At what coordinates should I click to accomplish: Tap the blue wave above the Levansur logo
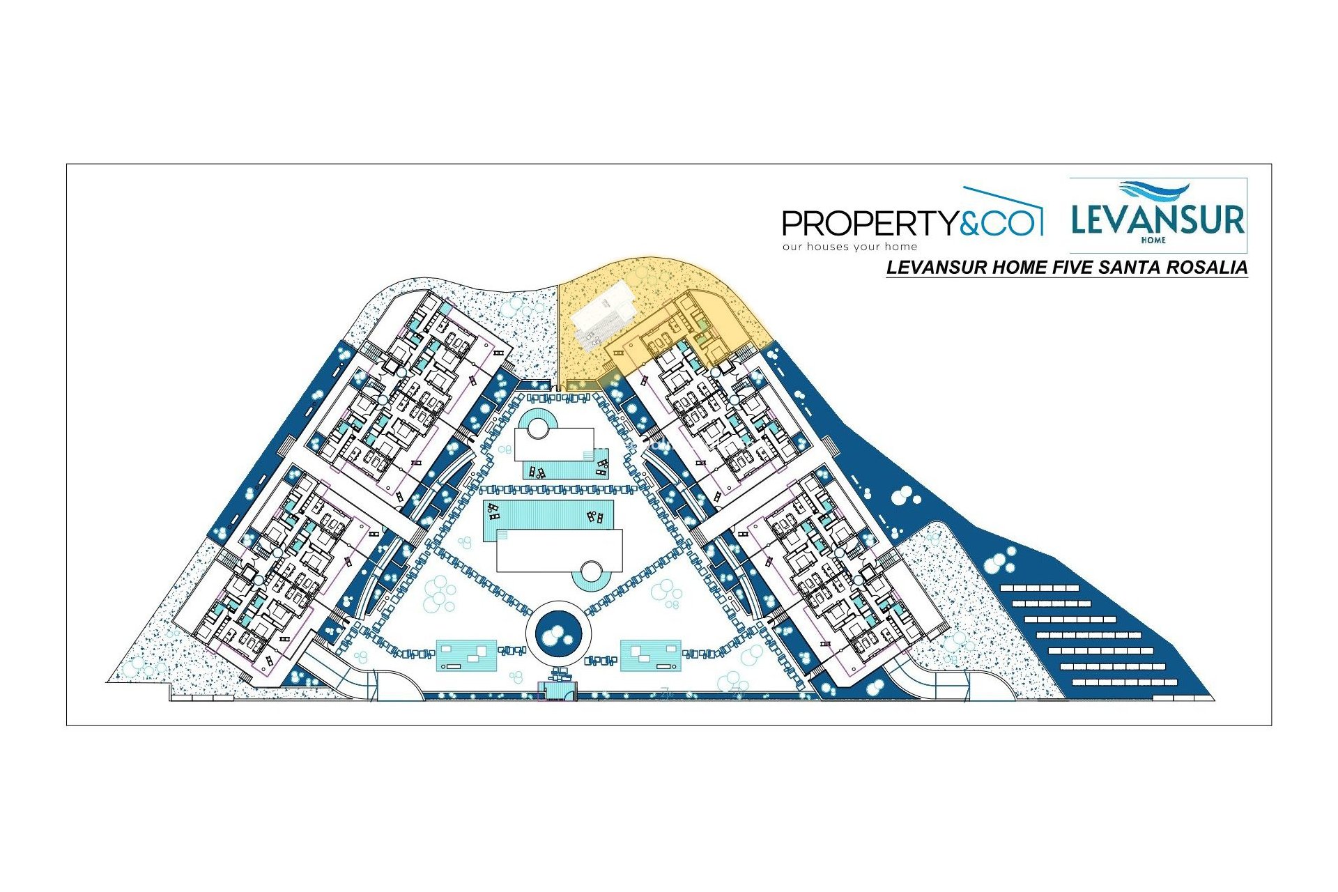point(1153,191)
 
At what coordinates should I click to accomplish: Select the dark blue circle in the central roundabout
point(557,635)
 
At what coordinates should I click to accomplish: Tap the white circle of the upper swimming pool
point(538,426)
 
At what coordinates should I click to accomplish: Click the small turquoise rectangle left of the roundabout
point(466,656)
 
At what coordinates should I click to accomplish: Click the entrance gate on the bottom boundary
point(557,691)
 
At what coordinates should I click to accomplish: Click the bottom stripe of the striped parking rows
point(1125,682)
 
